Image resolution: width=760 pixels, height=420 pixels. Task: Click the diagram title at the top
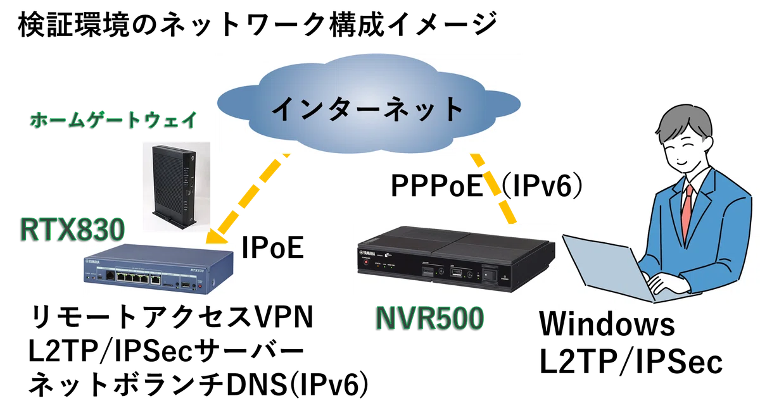(x=257, y=25)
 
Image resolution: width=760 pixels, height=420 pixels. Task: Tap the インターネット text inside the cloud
(x=368, y=108)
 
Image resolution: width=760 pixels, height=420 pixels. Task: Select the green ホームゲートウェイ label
(x=113, y=120)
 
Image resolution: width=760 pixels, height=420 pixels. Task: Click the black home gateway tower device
(x=175, y=187)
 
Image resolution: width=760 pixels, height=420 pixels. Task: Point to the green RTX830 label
(x=72, y=230)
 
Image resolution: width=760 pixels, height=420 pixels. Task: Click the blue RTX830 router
(x=158, y=269)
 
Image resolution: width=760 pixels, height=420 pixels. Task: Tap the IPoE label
(x=272, y=248)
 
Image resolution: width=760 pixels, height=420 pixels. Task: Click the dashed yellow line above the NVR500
(x=493, y=188)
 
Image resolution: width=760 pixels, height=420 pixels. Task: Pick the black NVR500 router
(x=457, y=259)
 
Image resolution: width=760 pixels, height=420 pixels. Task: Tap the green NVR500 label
(x=429, y=318)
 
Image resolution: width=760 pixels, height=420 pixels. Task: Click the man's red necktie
(x=687, y=214)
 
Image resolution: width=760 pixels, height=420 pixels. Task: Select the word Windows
(x=607, y=324)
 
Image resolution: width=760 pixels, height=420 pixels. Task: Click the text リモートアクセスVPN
(x=172, y=318)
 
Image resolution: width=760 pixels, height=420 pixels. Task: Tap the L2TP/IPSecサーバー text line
(x=166, y=352)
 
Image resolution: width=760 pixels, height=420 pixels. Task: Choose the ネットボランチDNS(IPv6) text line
(x=199, y=385)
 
